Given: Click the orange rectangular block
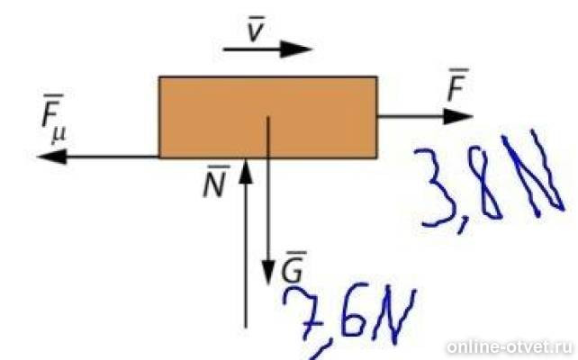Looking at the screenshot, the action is pyautogui.click(x=268, y=118).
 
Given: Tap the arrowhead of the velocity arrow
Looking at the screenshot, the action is pyautogui.click(x=296, y=49).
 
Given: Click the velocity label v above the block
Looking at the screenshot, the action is pyautogui.click(x=256, y=29).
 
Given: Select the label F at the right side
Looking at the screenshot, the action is pyautogui.click(x=457, y=85).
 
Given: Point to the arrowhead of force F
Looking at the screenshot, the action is pyautogui.click(x=458, y=116).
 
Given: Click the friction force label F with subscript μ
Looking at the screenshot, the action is pyautogui.click(x=53, y=118).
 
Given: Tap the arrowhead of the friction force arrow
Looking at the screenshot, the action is pyautogui.click(x=52, y=157).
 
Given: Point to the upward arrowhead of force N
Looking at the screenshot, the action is pyautogui.click(x=246, y=170).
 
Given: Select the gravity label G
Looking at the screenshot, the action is pyautogui.click(x=294, y=266).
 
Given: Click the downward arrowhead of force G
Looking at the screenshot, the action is pyautogui.click(x=268, y=273).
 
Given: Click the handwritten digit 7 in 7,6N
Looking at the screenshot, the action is pyautogui.click(x=303, y=313).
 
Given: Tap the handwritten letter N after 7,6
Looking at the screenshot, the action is pyautogui.click(x=394, y=317).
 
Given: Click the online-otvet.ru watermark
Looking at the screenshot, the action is pyautogui.click(x=510, y=347).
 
